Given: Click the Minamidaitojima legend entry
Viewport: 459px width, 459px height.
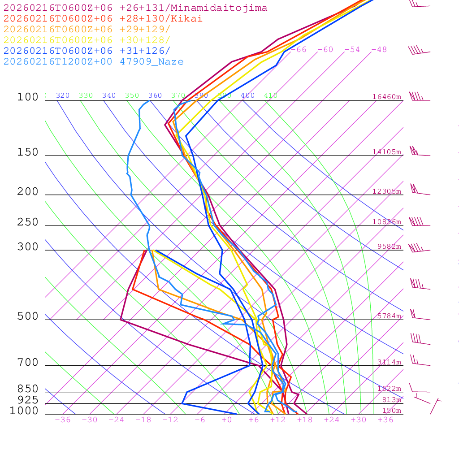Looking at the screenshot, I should coord(135,8).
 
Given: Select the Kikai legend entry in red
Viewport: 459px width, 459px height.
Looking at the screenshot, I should coord(103,19).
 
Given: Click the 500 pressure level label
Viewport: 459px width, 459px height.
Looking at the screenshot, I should coord(28,316).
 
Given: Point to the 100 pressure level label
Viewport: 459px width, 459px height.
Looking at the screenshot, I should coord(28,97).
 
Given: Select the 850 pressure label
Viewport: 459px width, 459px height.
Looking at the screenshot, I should coord(28,389).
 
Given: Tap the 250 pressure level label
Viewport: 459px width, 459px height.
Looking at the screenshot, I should coord(28,222).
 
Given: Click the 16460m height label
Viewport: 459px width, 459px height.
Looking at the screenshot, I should coord(387,97).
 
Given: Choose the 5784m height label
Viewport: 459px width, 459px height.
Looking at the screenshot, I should coord(389,316).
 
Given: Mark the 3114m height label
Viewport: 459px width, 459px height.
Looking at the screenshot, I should coord(389,362).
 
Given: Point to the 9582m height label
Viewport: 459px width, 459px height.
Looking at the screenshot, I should coord(389,247).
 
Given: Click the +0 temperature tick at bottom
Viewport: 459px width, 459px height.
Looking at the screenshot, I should coord(227,420).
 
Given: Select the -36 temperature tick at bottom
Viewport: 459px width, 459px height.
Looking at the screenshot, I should coord(62,420).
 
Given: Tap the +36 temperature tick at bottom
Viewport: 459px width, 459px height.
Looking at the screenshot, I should coord(385,420).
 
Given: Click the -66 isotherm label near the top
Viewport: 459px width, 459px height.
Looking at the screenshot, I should coord(299,50).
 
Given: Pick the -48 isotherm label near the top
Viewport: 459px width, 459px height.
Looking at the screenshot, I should coord(379,50).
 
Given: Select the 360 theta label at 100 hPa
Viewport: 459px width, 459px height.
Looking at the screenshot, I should coord(155,95).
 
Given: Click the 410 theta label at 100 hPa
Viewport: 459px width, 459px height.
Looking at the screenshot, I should coord(271,95).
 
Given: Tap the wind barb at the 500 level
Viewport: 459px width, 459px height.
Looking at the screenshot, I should coord(419,316).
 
